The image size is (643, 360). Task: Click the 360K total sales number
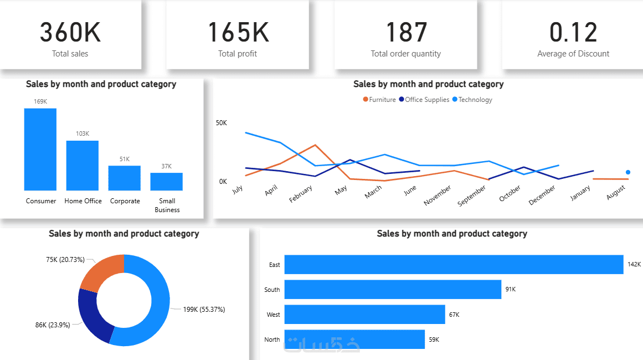point(70,32)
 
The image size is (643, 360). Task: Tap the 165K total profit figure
point(238,32)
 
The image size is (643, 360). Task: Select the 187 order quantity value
point(406,32)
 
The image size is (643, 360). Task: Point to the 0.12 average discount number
point(573,32)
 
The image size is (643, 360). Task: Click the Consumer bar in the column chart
point(40,150)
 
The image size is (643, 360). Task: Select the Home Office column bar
point(83,166)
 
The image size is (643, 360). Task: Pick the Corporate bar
point(125,178)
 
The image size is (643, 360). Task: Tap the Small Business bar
point(166,182)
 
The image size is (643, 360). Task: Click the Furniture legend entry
point(379,100)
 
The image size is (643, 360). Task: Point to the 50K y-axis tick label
point(222,122)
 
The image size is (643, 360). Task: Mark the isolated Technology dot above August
point(627,172)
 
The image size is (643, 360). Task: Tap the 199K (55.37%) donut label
point(204,309)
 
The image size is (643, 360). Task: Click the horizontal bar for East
point(454,264)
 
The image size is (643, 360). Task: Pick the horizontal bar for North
point(354,339)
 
